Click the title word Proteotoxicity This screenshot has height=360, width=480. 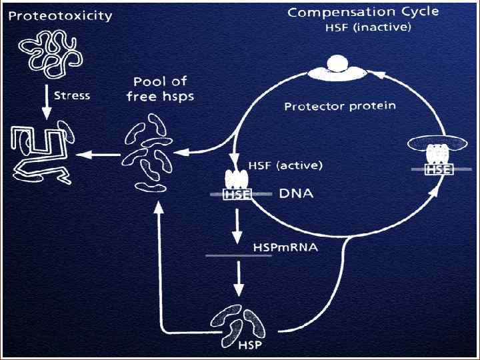[60, 16]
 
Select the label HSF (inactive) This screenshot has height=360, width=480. [368, 27]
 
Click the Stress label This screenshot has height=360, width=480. [71, 95]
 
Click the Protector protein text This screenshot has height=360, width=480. [340, 106]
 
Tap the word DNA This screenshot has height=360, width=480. [296, 194]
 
